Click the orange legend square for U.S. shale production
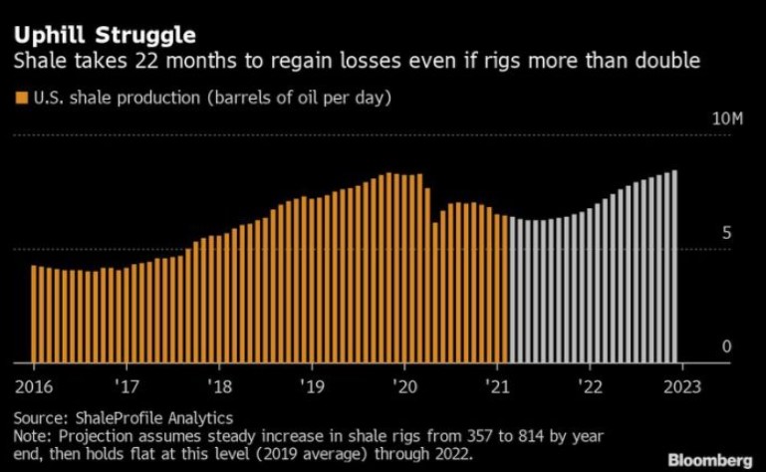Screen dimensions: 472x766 (x=20, y=97)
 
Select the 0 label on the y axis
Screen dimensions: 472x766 (x=726, y=347)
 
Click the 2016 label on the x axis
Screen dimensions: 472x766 (x=35, y=384)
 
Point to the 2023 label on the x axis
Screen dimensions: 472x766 (x=683, y=384)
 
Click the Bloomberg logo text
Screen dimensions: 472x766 (x=710, y=459)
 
